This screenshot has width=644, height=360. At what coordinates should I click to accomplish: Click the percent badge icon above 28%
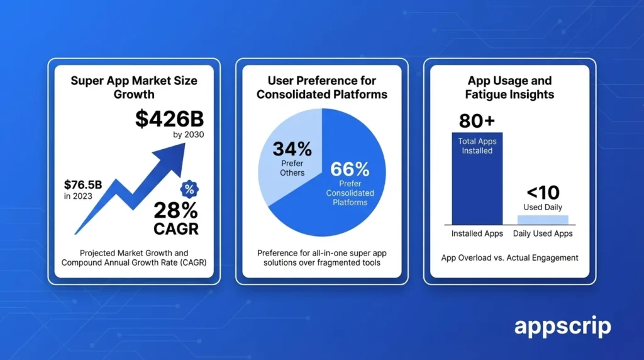tap(187, 188)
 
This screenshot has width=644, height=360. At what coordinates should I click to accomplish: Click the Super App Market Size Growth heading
tap(133, 87)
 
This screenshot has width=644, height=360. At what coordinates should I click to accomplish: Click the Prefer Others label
tap(292, 169)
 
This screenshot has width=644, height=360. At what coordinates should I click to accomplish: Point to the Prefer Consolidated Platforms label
tap(350, 193)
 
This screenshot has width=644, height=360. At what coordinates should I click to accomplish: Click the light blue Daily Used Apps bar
tap(542, 219)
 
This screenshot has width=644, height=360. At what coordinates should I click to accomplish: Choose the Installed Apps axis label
tap(477, 234)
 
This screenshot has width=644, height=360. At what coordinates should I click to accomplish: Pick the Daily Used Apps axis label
tap(542, 234)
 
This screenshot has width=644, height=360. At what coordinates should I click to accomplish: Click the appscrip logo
tap(562, 327)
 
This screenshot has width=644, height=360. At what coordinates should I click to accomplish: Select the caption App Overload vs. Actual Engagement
tap(509, 257)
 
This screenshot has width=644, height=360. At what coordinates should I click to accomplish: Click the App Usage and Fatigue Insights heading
tap(509, 87)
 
